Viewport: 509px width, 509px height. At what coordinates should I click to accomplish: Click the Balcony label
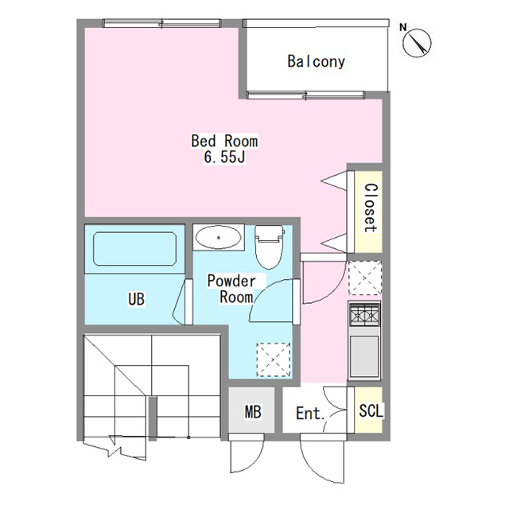tap(317, 61)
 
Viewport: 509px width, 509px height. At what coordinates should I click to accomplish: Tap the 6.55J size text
tap(224, 157)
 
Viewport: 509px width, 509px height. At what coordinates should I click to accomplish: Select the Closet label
tap(371, 208)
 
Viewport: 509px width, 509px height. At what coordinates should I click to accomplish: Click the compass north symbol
tap(417, 43)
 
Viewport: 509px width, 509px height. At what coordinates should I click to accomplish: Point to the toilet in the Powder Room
tap(269, 247)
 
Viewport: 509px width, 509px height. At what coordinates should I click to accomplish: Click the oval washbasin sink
tap(219, 237)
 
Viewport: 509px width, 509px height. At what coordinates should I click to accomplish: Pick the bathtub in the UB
tap(134, 249)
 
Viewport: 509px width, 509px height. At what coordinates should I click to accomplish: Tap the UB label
tap(136, 299)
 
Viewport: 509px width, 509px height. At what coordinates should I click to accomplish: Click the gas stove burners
tap(364, 313)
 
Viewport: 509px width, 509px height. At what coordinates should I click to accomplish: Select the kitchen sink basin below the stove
tap(364, 356)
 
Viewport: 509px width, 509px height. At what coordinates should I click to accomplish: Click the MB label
tap(253, 412)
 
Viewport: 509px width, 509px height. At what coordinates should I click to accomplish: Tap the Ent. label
tap(310, 414)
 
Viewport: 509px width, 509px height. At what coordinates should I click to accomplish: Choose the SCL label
tap(371, 410)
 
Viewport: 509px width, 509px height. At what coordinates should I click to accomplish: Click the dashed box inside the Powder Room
tap(274, 359)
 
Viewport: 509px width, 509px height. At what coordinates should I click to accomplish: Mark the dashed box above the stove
tap(365, 278)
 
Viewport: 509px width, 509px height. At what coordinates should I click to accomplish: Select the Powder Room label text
tap(231, 289)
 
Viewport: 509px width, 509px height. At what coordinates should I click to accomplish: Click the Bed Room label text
tap(224, 142)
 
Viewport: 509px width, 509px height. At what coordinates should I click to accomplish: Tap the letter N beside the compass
tap(403, 28)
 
